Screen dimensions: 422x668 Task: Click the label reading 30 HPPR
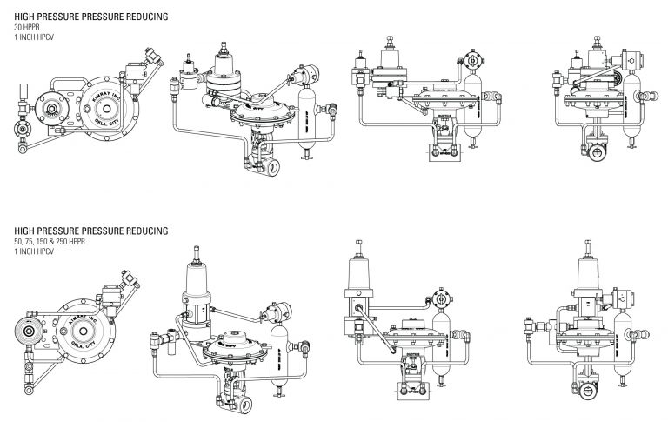pyautogui.click(x=15, y=27)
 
